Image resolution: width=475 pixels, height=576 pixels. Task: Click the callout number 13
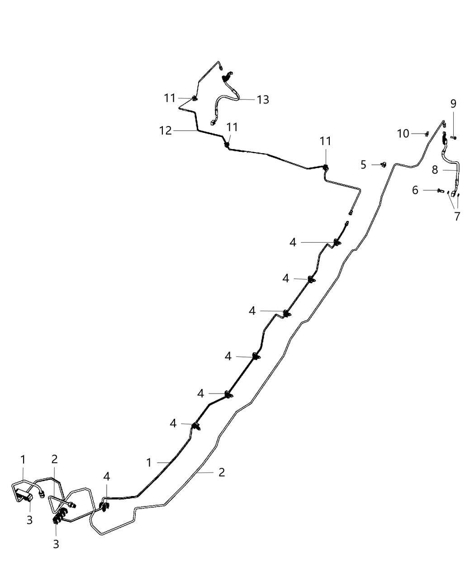[263, 99]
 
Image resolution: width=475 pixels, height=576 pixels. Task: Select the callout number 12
[165, 131]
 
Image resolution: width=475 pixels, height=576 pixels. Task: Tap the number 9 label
[453, 104]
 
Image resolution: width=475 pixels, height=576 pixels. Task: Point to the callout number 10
[403, 134]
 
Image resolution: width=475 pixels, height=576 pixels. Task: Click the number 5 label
[363, 165]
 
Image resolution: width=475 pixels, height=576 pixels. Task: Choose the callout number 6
[415, 190]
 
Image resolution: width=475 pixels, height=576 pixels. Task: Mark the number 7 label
[457, 216]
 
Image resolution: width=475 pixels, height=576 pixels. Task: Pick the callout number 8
[435, 170]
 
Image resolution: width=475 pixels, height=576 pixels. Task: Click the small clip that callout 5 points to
[384, 165]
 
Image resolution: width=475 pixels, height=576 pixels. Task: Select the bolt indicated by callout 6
[441, 190]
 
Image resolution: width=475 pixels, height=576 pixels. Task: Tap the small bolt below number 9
[453, 137]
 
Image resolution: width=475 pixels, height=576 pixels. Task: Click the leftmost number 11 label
[170, 98]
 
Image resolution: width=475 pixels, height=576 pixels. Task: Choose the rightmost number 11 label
[326, 141]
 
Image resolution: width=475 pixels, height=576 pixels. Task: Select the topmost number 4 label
[293, 243]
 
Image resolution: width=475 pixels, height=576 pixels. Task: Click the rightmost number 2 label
[222, 472]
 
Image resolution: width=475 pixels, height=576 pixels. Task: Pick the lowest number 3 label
[56, 544]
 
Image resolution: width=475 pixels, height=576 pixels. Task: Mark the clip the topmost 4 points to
[337, 243]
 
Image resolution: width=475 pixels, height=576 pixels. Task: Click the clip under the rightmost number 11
[326, 167]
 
